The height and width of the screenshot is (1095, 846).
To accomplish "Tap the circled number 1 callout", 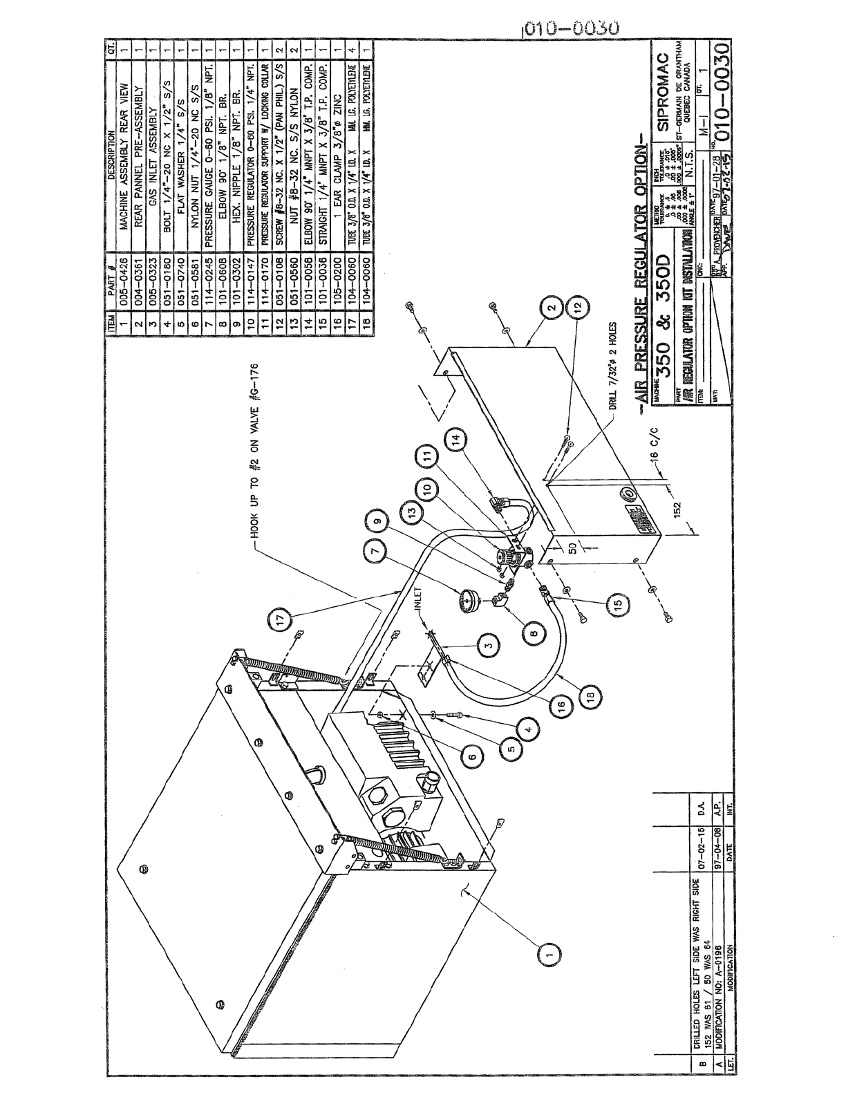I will click(x=548, y=952).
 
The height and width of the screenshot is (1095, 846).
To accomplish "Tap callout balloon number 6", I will click(x=472, y=757).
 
